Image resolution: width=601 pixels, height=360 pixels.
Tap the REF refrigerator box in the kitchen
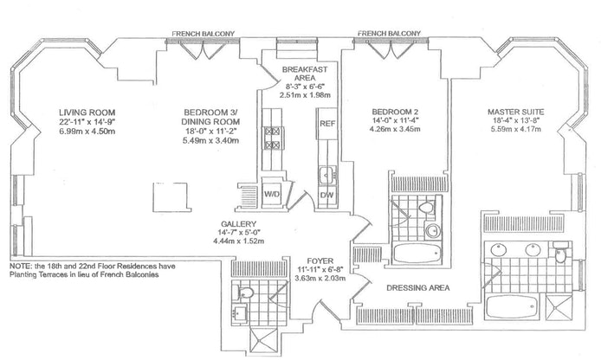tap(327, 124)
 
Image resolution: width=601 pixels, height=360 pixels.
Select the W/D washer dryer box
tap(271, 192)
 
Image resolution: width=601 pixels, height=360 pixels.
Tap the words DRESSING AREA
tap(415, 287)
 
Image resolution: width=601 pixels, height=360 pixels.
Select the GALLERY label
tap(235, 223)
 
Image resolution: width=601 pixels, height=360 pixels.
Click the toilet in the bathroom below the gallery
tap(245, 291)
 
